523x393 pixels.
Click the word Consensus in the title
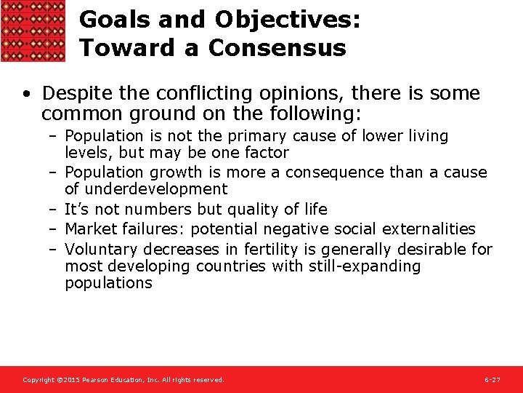(277, 48)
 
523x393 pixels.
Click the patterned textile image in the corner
(33, 31)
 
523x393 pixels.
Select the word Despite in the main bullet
(72, 94)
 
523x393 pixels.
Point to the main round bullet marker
(27, 95)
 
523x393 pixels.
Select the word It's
(77, 210)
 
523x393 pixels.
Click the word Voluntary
(97, 250)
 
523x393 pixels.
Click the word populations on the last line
(108, 283)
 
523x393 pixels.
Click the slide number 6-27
(492, 380)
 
